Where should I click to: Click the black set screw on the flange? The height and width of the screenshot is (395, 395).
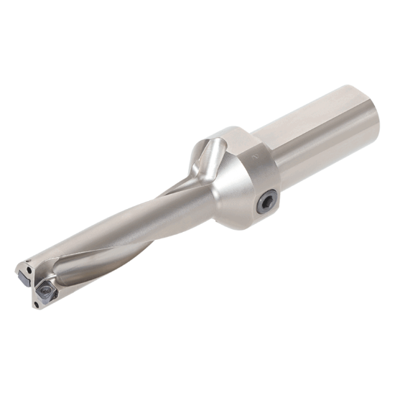point(266,203)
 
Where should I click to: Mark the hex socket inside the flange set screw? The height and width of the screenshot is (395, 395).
point(266,203)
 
